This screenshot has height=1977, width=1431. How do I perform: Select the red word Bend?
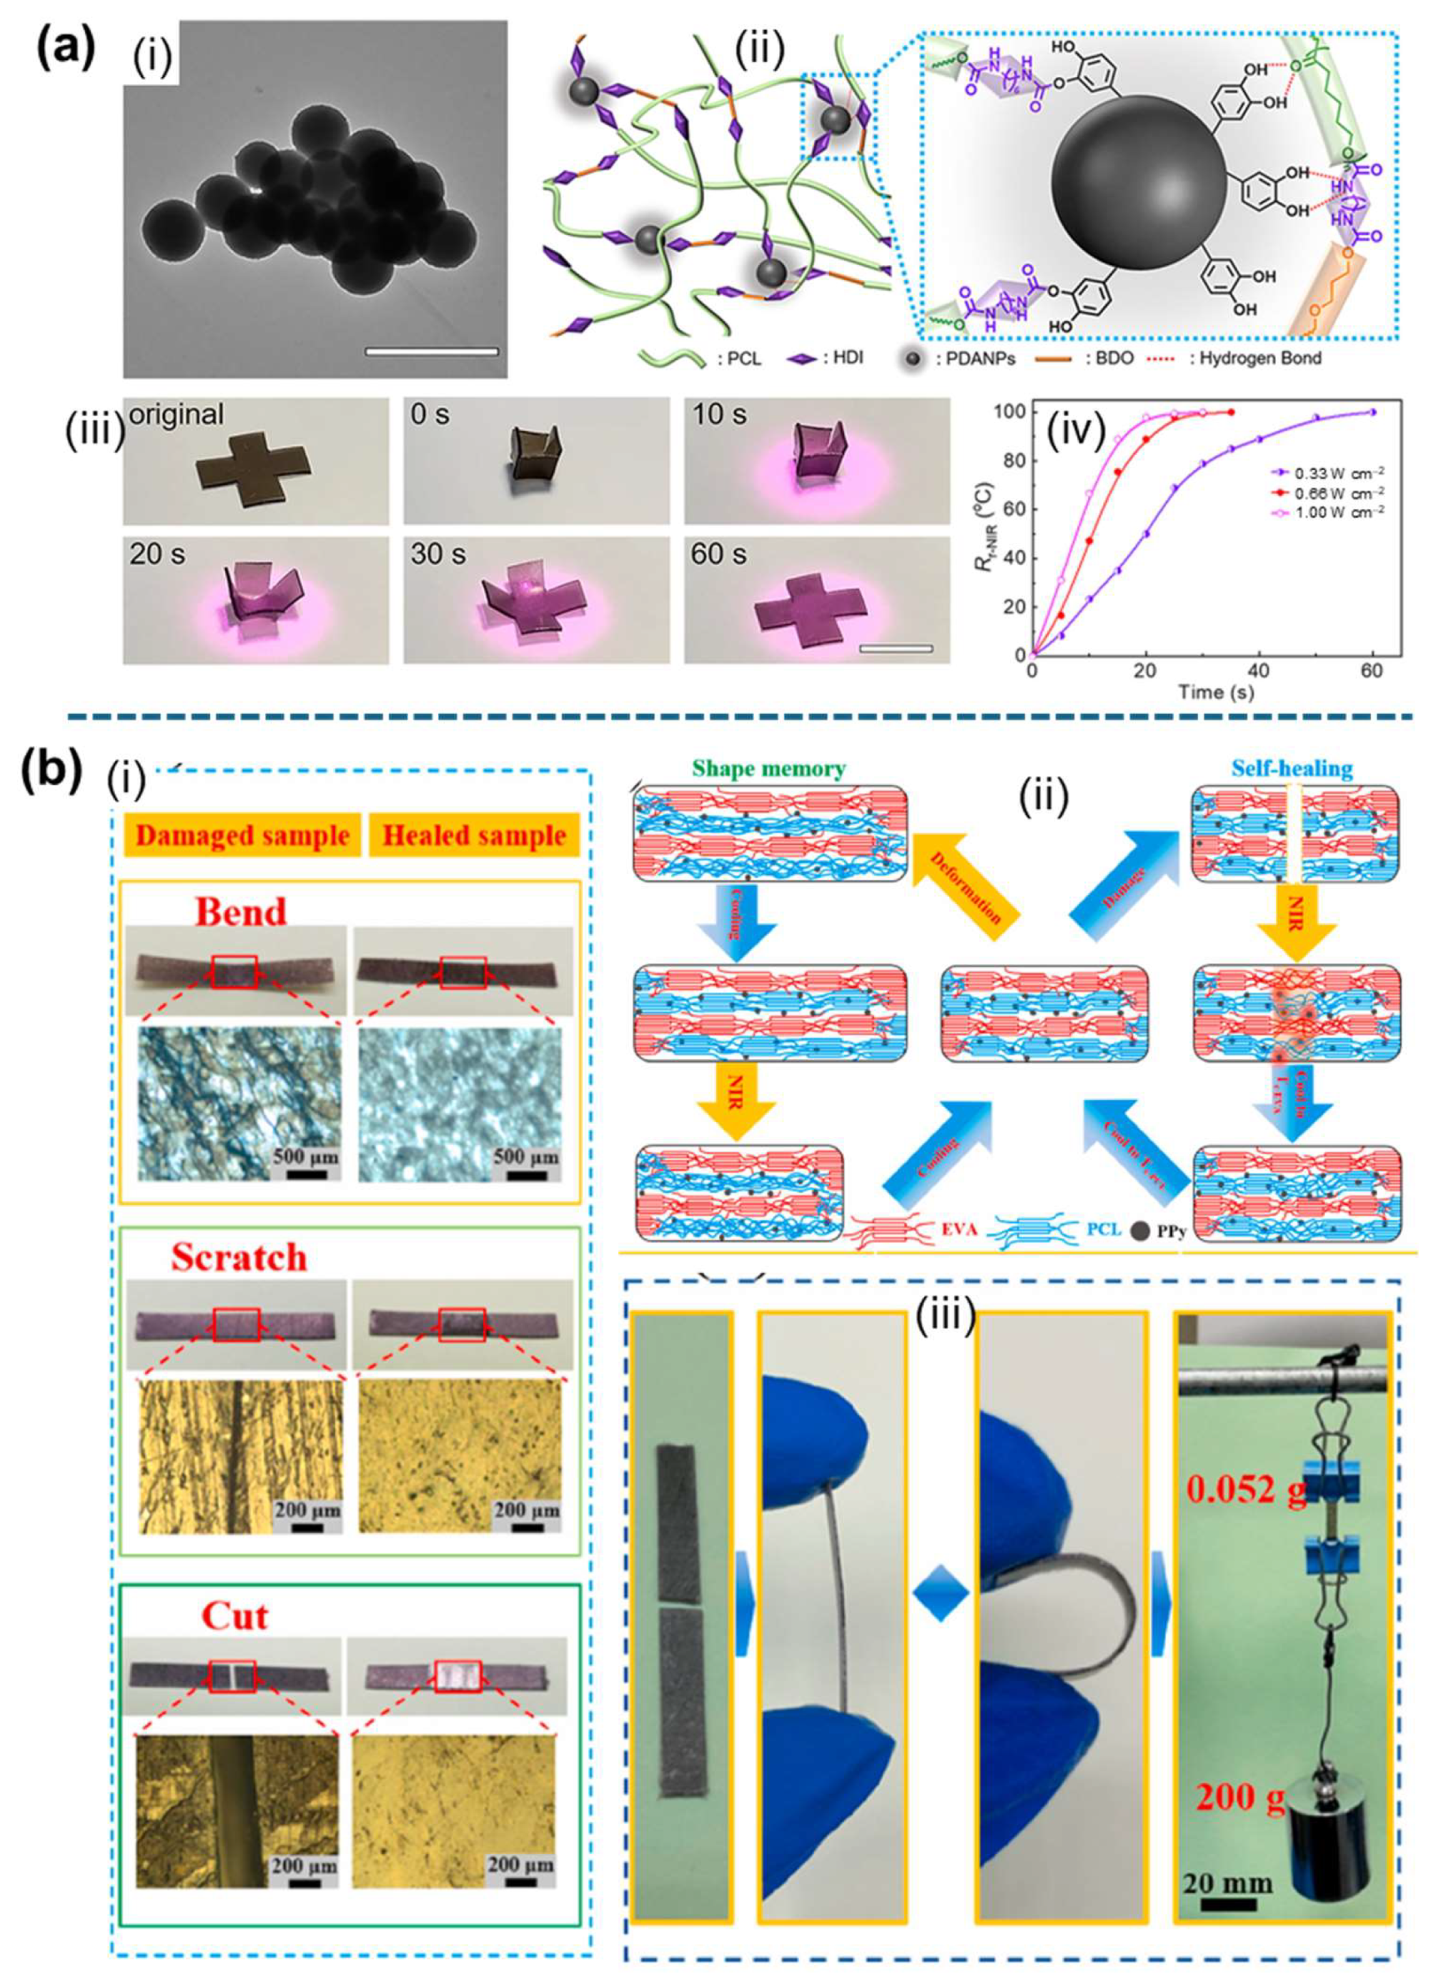point(240,912)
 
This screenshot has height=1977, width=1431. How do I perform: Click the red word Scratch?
point(239,1257)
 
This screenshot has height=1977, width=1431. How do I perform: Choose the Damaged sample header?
point(243,836)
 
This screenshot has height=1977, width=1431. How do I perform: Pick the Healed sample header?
point(475,836)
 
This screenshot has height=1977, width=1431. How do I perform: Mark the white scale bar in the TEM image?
point(432,352)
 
